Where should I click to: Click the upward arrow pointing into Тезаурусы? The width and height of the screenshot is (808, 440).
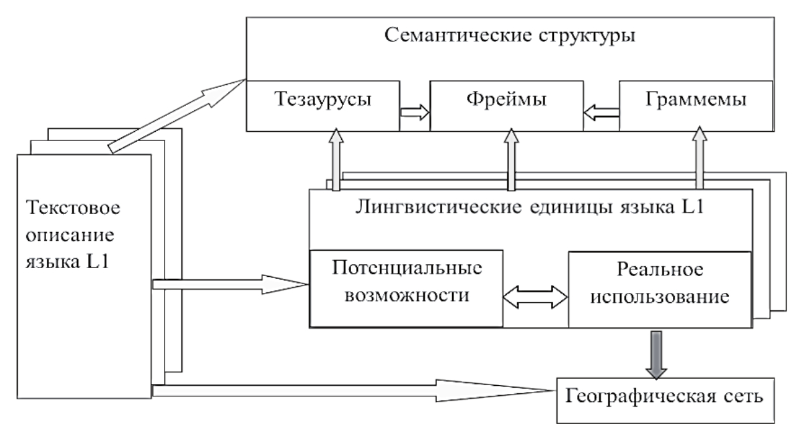[334, 160]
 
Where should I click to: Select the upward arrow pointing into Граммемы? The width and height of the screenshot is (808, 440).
[699, 160]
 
